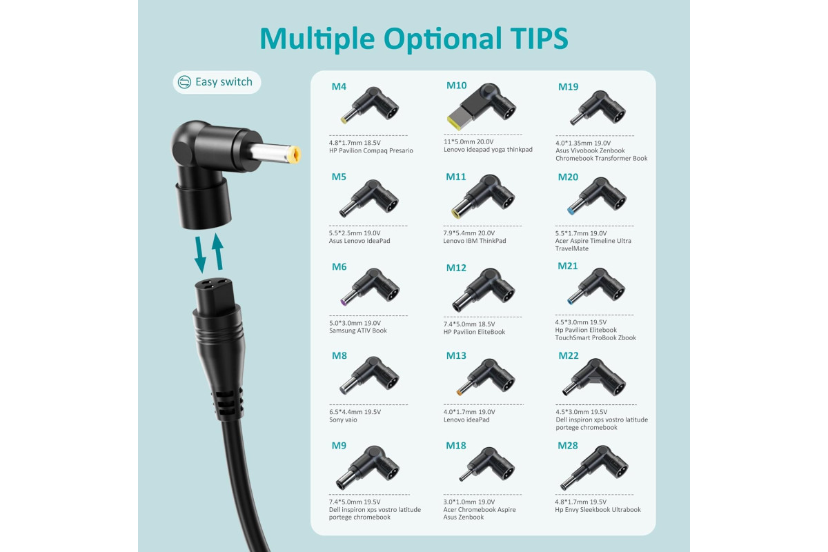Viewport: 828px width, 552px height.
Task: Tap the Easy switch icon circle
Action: pyautogui.click(x=184, y=81)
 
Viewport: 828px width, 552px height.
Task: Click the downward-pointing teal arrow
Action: pyautogui.click(x=200, y=255)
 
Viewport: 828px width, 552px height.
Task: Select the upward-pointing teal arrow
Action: pyautogui.click(x=218, y=251)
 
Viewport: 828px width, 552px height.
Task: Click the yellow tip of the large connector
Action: pyautogui.click(x=295, y=155)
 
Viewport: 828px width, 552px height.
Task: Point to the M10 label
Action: pyautogui.click(x=457, y=86)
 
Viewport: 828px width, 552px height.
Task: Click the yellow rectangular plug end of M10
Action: pyautogui.click(x=455, y=122)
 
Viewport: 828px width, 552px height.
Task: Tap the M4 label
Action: pyautogui.click(x=339, y=86)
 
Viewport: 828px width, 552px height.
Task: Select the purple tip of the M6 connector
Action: pyautogui.click(x=344, y=302)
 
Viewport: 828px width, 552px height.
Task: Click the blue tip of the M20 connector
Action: pyautogui.click(x=571, y=211)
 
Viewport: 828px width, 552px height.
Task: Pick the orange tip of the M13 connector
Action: pyautogui.click(x=460, y=393)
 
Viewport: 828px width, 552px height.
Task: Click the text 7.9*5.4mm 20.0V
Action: pyautogui.click(x=469, y=233)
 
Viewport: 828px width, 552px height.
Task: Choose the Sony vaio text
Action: pyautogui.click(x=343, y=420)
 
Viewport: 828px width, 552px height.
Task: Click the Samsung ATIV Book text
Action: pyautogui.click(x=358, y=331)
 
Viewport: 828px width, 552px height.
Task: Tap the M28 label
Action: pyautogui.click(x=567, y=446)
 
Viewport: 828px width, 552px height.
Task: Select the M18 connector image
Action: pyautogui.click(x=487, y=464)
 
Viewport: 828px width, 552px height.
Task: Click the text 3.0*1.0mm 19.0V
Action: pyautogui.click(x=469, y=502)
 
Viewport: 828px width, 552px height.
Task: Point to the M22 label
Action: pyautogui.click(x=568, y=355)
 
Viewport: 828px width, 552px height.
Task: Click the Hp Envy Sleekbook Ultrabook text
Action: pyautogui.click(x=598, y=509)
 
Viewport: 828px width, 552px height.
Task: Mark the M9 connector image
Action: pyautogui.click(x=367, y=468)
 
